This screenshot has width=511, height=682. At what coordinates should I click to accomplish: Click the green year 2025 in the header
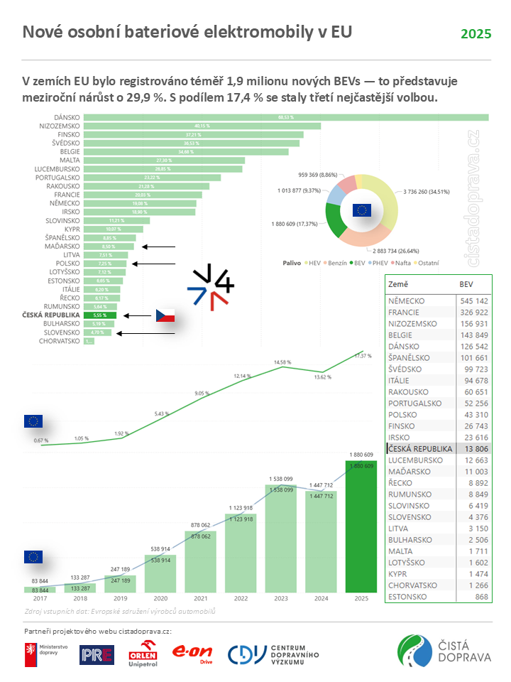pyautogui.click(x=476, y=34)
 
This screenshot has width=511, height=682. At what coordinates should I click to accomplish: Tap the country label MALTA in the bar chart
pyautogui.click(x=69, y=161)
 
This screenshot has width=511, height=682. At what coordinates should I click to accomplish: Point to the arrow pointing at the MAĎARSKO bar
pyautogui.click(x=158, y=247)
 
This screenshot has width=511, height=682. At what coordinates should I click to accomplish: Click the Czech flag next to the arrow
pyautogui.click(x=165, y=315)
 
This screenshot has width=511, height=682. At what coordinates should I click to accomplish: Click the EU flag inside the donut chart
pyautogui.click(x=361, y=210)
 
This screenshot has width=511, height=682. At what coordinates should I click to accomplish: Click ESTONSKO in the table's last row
pyautogui.click(x=409, y=596)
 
